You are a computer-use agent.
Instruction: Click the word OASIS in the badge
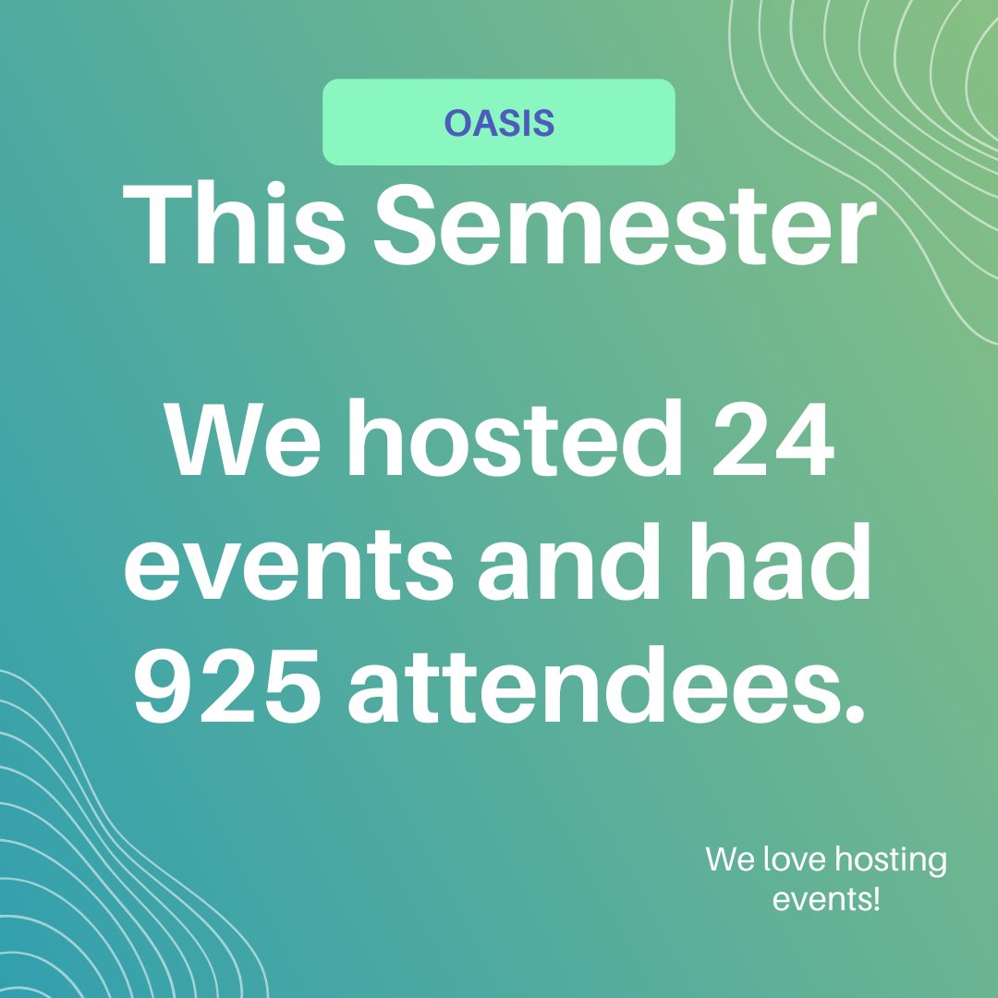(499, 123)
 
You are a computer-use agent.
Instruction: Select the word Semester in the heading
(625, 226)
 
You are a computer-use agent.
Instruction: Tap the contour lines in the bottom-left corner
(102, 859)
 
